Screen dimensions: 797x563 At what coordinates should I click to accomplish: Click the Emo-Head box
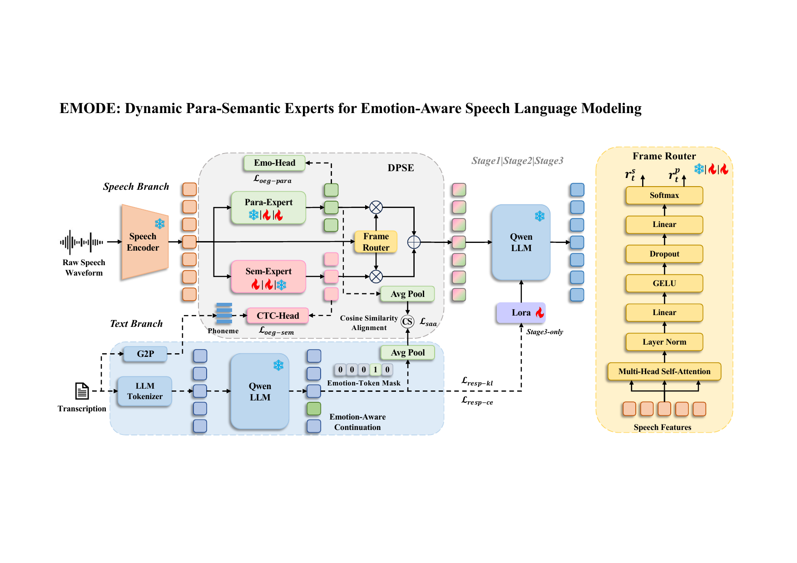pyautogui.click(x=274, y=163)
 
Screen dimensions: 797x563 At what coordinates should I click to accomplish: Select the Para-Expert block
pyautogui.click(x=268, y=207)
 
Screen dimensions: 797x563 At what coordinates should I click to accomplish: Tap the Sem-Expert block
pyautogui.click(x=268, y=277)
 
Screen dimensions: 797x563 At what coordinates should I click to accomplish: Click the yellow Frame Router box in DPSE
pyautogui.click(x=376, y=242)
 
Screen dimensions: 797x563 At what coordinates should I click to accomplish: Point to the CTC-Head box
pyautogui.click(x=277, y=316)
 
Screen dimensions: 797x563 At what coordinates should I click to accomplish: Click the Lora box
pyautogui.click(x=521, y=312)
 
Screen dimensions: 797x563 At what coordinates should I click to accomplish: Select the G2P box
pyautogui.click(x=145, y=354)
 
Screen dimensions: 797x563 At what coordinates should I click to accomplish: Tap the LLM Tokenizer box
pyautogui.click(x=145, y=391)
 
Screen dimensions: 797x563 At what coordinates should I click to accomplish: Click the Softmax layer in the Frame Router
pyautogui.click(x=664, y=195)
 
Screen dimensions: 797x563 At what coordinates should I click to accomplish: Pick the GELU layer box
pyautogui.click(x=664, y=283)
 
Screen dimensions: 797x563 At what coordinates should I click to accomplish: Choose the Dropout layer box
pyautogui.click(x=664, y=254)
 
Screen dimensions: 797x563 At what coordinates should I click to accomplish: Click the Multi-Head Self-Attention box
pyautogui.click(x=664, y=371)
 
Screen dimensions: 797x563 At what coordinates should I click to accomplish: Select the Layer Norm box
pyautogui.click(x=664, y=342)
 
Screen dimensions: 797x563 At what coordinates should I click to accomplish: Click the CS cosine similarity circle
pyautogui.click(x=407, y=322)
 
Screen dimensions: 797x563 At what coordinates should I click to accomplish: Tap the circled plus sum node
pyautogui.click(x=414, y=242)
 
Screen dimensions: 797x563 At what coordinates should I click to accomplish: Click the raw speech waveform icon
pyautogui.click(x=82, y=242)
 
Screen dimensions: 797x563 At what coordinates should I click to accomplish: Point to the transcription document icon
pyautogui.click(x=82, y=391)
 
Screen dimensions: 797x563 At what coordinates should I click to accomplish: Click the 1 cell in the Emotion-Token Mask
pyautogui.click(x=375, y=370)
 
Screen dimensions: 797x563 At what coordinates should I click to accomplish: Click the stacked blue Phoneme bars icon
pyautogui.click(x=224, y=313)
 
